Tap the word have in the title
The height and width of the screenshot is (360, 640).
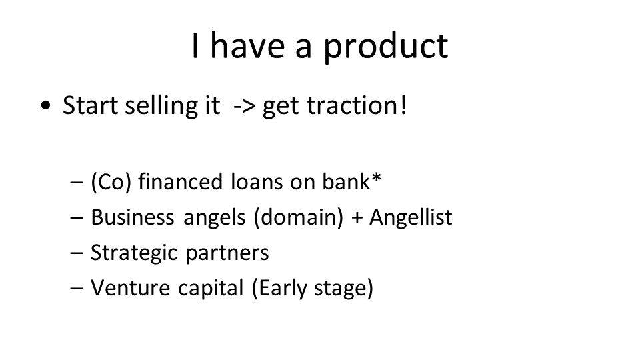[247, 45]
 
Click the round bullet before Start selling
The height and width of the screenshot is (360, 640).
[46, 106]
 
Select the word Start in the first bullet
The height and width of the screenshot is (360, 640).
[90, 105]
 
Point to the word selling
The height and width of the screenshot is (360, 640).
[172, 106]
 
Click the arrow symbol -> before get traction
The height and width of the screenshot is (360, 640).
[245, 107]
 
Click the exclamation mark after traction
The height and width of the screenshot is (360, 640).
[404, 105]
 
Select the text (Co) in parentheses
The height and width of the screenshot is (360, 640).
[111, 182]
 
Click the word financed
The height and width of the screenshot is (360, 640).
[181, 181]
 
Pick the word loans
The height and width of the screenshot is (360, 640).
[257, 181]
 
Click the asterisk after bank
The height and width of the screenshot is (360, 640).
[376, 178]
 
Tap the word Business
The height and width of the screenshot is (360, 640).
[132, 217]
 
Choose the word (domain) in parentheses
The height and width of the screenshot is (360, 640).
[299, 217]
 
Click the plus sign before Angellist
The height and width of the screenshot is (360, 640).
[357, 218]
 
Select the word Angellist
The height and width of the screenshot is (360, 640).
[411, 217]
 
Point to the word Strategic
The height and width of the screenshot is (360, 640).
[134, 253]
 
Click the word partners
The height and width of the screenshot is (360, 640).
[227, 253]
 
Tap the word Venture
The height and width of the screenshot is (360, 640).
[130, 288]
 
